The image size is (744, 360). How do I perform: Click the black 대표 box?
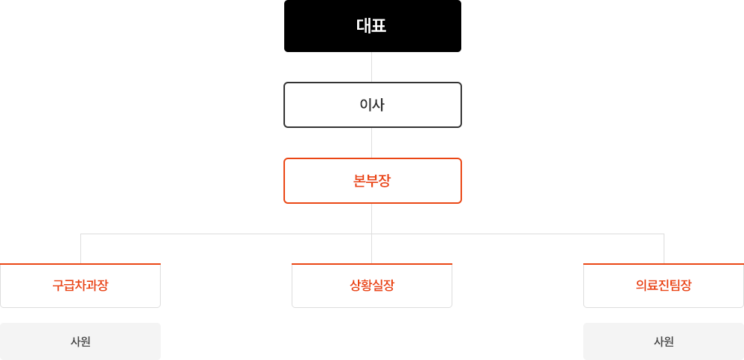[x=373, y=26]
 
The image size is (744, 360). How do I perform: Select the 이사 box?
[x=373, y=105]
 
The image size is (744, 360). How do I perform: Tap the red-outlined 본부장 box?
[x=373, y=181]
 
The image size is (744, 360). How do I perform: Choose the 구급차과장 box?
[x=80, y=286]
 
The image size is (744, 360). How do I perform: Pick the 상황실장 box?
[x=372, y=286]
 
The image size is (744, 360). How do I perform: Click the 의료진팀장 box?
[x=664, y=286]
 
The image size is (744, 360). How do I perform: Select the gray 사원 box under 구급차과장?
[x=80, y=341]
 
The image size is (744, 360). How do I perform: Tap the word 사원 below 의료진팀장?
[x=664, y=341]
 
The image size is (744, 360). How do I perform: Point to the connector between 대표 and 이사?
[x=371, y=67]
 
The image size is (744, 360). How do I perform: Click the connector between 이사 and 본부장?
[x=371, y=143]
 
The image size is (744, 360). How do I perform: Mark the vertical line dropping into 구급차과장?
[x=80, y=248]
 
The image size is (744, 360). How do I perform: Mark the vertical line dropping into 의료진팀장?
[x=664, y=248]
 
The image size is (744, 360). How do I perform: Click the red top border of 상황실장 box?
[x=372, y=264]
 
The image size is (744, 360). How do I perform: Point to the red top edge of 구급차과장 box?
[x=80, y=264]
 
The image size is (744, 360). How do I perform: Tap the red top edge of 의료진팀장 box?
[x=664, y=264]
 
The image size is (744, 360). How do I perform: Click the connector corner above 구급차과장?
[x=80, y=234]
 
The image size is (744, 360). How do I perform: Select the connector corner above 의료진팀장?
[x=664, y=234]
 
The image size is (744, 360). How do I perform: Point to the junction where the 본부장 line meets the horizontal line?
[x=371, y=234]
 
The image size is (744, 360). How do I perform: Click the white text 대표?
[x=371, y=26]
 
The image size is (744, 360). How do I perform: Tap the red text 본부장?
[x=372, y=181]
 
